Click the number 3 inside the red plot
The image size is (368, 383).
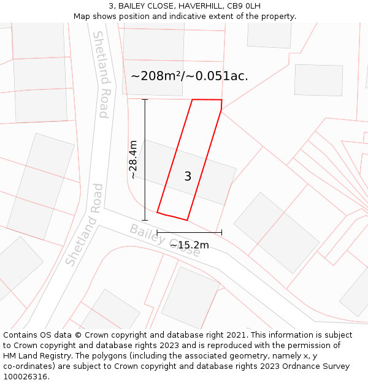click(188, 176)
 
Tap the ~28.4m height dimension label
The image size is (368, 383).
click(132, 159)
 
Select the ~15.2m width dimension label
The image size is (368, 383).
click(189, 245)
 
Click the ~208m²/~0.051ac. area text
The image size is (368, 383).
click(190, 76)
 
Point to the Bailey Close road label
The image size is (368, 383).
click(164, 240)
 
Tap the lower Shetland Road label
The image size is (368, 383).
click(82, 225)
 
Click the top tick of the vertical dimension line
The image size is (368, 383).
click(145, 99)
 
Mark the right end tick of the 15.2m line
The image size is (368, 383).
click(221, 232)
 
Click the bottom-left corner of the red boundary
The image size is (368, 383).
click(158, 213)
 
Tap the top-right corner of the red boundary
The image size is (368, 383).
click(221, 100)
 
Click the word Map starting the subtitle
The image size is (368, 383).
click(82, 16)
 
